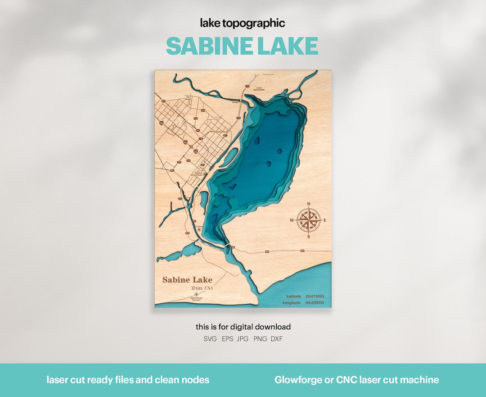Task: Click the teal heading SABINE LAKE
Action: point(242,46)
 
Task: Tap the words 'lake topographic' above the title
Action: point(242,23)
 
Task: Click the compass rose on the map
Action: point(309,220)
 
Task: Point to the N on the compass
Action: point(309,204)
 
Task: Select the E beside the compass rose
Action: point(325,220)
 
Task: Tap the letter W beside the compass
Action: point(292,220)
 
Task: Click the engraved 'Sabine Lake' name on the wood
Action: point(187,280)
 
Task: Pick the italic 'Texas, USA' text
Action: point(202,288)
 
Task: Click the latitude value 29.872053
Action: point(315,296)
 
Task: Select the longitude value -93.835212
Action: point(314,303)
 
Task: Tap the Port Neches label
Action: point(188,98)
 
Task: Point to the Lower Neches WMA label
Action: point(259,89)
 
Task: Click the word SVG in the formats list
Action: point(210,339)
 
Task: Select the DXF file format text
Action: point(277,339)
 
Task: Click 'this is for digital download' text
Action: point(243,327)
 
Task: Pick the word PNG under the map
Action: point(260,339)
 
